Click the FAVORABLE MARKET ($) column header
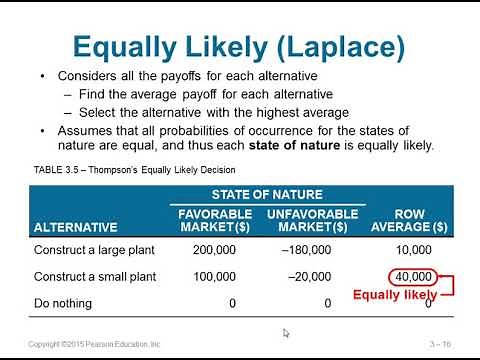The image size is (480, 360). [x=207, y=220]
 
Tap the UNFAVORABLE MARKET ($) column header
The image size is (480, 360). [x=312, y=220]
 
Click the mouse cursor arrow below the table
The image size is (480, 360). [x=286, y=333]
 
